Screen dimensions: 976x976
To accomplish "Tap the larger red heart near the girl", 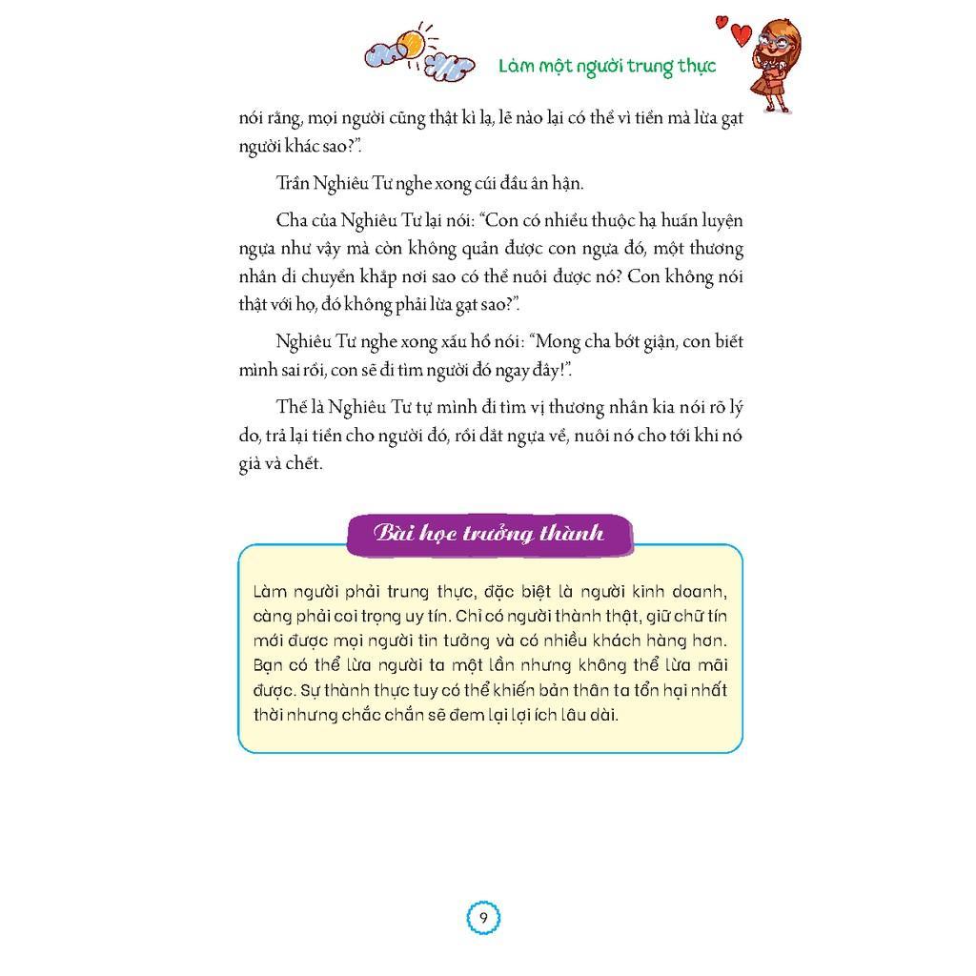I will (742, 34).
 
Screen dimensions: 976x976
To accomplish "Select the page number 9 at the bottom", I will (483, 919).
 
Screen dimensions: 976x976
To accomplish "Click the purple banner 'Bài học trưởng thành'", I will (489, 532).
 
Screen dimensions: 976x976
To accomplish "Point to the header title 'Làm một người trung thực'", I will (606, 66).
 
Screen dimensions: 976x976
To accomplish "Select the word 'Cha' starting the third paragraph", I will (292, 220).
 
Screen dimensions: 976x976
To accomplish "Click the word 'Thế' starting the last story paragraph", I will (292, 408).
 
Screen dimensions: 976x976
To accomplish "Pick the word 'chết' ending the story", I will (307, 464).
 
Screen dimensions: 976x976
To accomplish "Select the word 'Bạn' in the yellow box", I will (269, 665).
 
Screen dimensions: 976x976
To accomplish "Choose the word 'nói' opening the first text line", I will (254, 120).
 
